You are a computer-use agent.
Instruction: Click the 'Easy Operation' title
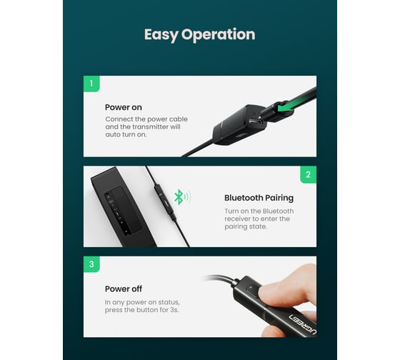[200, 34]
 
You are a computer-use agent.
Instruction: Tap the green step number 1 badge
[91, 84]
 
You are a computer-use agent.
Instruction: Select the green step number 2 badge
[308, 174]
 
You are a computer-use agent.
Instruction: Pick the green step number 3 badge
[91, 264]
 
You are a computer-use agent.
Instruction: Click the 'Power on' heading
[124, 107]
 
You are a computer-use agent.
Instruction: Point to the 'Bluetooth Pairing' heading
[259, 198]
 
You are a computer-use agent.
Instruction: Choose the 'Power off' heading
[124, 289]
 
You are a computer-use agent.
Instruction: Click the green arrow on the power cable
[285, 107]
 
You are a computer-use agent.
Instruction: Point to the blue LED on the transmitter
[251, 288]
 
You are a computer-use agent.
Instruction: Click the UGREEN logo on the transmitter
[303, 324]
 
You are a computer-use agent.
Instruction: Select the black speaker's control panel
[123, 211]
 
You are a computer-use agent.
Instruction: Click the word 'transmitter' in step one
[150, 127]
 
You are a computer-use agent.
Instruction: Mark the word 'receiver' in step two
[236, 219]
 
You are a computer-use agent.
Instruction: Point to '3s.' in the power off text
[174, 310]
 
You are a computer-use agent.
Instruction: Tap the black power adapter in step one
[239, 125]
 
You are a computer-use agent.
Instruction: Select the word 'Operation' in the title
[218, 35]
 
